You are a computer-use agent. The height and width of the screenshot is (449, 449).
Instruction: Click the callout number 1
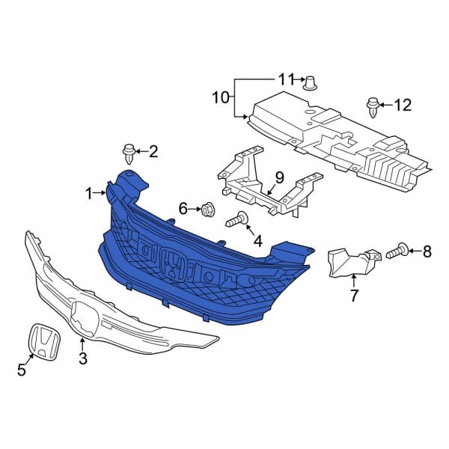89,194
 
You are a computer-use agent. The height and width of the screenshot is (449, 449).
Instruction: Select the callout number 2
153,153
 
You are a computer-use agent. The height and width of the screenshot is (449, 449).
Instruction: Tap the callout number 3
82,358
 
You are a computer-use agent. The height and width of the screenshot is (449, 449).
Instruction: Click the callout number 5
22,368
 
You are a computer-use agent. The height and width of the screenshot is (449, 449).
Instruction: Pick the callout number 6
183,207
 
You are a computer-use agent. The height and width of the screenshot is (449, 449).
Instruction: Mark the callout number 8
427,251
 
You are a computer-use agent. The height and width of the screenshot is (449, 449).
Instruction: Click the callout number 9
279,177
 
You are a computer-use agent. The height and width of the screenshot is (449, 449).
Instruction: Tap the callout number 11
287,79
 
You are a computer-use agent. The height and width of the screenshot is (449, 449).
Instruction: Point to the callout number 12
403,105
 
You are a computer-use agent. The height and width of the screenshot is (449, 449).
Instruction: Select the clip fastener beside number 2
129,154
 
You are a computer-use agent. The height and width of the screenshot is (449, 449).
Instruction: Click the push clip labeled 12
373,106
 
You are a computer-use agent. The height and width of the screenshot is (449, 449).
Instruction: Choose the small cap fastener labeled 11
309,82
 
